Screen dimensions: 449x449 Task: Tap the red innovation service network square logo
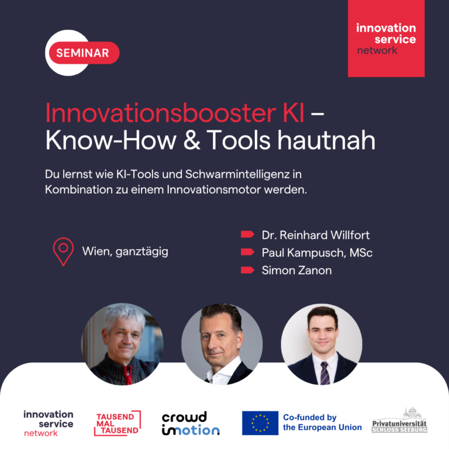pyautogui.click(x=386, y=39)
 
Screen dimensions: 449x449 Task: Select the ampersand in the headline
pyautogui.click(x=192, y=140)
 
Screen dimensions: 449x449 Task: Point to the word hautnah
pyautogui.click(x=326, y=140)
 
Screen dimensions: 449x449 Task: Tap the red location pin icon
pyautogui.click(x=63, y=252)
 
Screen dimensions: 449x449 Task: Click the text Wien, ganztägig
pyautogui.click(x=125, y=252)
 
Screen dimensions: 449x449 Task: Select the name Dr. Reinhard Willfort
pyautogui.click(x=316, y=235)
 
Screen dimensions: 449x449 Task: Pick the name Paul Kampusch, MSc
pyautogui.click(x=317, y=253)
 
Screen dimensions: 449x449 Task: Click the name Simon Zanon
pyautogui.click(x=296, y=270)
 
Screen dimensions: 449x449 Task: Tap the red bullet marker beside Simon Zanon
pyautogui.click(x=247, y=270)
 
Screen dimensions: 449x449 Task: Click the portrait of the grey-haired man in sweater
pyautogui.click(x=123, y=344)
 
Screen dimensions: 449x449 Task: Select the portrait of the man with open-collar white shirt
pyautogui.click(x=222, y=344)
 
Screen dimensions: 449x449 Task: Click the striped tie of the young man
pyautogui.click(x=324, y=373)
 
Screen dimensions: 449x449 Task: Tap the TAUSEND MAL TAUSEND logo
pyautogui.click(x=118, y=423)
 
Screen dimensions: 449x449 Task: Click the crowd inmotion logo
pyautogui.click(x=191, y=423)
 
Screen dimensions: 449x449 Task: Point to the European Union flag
pyautogui.click(x=260, y=423)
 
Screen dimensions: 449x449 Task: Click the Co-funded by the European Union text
pyautogui.click(x=323, y=422)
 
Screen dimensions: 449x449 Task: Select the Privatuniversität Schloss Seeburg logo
pyautogui.click(x=399, y=421)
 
